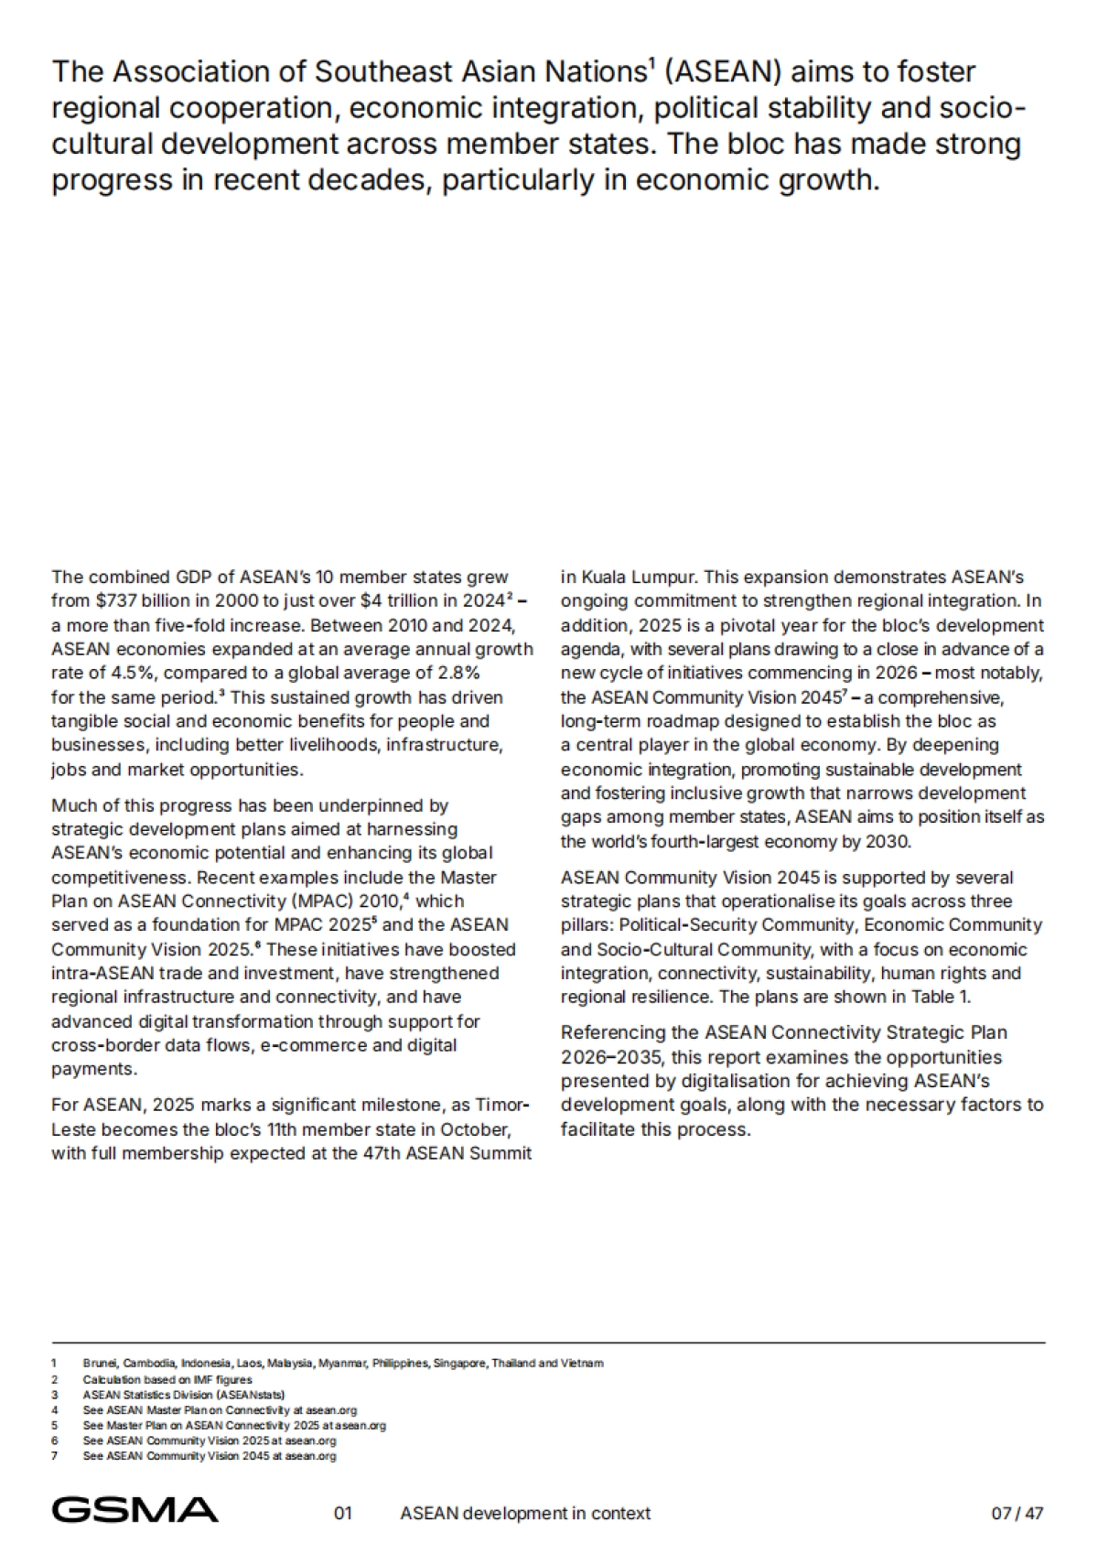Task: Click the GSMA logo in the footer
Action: [135, 1509]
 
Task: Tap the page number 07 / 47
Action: [1017, 1513]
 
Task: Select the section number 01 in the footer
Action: [342, 1513]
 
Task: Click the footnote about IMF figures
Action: [167, 1378]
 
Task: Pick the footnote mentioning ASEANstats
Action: [184, 1394]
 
